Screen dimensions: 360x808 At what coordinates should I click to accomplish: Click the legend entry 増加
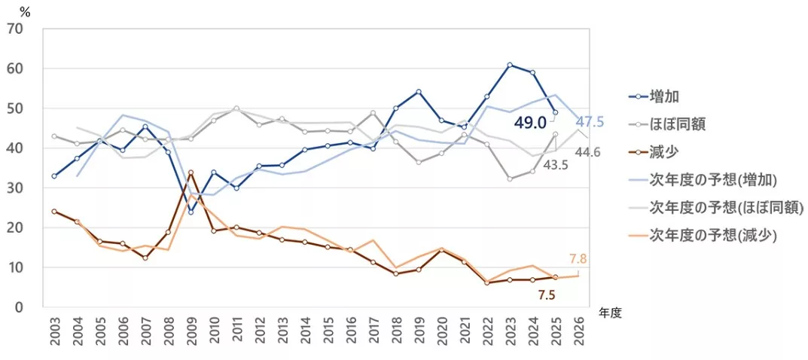pos(666,96)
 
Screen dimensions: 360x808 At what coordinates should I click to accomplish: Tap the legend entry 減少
pos(666,151)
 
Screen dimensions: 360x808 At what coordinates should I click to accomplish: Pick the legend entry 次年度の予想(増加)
pos(712,179)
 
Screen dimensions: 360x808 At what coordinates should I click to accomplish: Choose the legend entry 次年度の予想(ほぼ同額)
pos(720,207)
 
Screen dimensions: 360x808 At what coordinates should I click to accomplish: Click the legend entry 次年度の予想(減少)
pos(712,235)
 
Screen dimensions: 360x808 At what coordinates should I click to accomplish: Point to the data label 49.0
pos(530,122)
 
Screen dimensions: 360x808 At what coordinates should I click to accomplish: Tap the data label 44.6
pos(587,153)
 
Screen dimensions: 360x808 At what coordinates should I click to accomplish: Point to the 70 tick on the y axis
pos(15,29)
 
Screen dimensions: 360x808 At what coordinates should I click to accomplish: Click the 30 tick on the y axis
pos(15,188)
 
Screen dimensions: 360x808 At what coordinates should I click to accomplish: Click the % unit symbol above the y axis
pos(25,11)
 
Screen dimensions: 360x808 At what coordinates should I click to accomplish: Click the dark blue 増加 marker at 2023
pos(510,65)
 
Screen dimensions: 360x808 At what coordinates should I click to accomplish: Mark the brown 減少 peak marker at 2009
pos(191,172)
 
